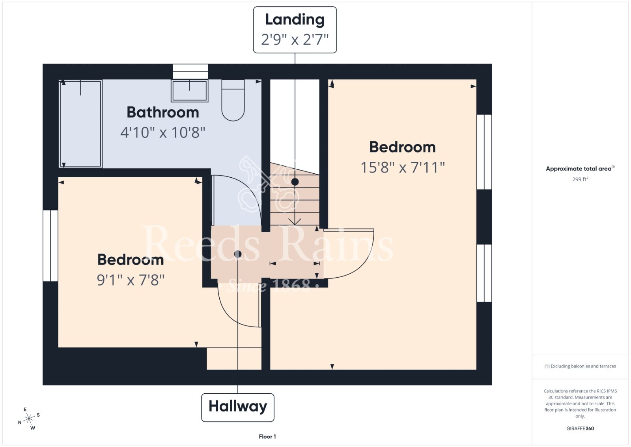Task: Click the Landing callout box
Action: (x=295, y=30)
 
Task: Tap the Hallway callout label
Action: (x=237, y=407)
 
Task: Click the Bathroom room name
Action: (x=163, y=112)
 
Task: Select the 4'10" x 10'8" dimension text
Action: (x=163, y=133)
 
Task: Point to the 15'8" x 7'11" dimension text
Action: (x=403, y=167)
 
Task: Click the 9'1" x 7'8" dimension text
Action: (x=131, y=280)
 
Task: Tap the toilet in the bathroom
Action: (x=233, y=100)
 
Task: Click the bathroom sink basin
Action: (x=190, y=90)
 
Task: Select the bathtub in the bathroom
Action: (x=80, y=124)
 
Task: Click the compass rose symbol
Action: (x=29, y=419)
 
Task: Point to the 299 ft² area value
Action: (x=580, y=179)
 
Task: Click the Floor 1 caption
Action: (x=267, y=437)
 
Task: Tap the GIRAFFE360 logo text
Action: (x=580, y=428)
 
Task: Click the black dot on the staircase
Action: (x=295, y=182)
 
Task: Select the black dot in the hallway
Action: (x=237, y=254)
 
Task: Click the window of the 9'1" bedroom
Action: (x=50, y=246)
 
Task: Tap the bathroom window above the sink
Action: (x=190, y=71)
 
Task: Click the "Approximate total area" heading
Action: (x=580, y=168)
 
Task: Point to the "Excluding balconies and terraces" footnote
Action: (x=580, y=366)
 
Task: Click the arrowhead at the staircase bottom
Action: (x=295, y=222)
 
